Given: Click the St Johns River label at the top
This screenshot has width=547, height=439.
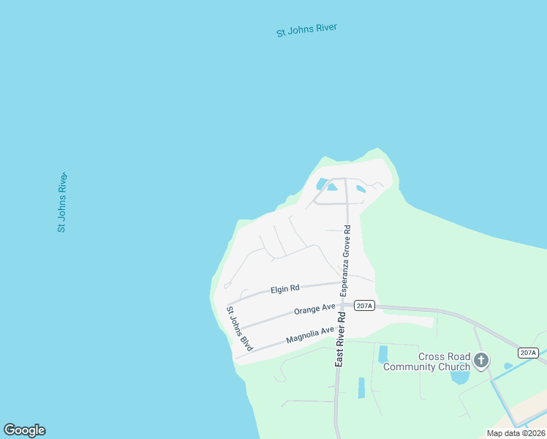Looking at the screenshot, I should tap(306, 31).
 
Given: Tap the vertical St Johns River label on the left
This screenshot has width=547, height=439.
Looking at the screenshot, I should tap(63, 203).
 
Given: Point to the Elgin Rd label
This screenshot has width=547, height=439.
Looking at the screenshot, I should tap(285, 290).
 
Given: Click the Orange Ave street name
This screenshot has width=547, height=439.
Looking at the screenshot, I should tap(314, 309).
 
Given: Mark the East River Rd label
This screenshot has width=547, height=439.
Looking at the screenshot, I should tap(340, 339).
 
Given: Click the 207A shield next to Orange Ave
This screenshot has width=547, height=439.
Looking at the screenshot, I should tap(364, 306).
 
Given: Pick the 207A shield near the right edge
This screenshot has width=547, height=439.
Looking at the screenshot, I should tap(528, 353).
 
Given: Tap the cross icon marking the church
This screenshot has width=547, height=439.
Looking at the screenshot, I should tap(481, 360).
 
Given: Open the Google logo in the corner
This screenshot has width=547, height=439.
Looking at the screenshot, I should tap(24, 430).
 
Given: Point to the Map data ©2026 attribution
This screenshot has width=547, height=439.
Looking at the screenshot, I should tap(516, 433).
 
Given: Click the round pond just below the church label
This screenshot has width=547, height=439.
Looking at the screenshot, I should tap(460, 378).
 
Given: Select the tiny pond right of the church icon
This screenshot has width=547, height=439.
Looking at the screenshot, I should tap(508, 366).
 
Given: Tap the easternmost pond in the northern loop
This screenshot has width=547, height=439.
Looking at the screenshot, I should tap(361, 189).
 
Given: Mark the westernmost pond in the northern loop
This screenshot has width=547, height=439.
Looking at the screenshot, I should tap(321, 184).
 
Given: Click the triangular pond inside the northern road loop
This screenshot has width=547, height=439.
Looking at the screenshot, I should tap(333, 187).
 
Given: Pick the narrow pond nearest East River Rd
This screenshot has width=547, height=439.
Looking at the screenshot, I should tap(361, 388).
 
